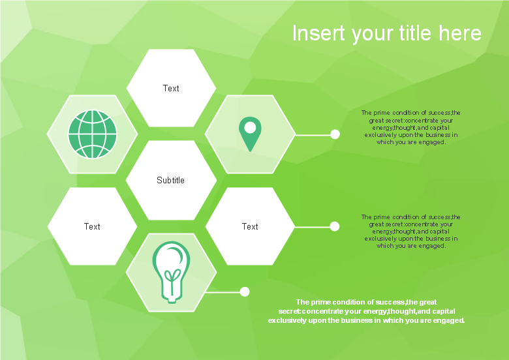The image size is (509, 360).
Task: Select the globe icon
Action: (93, 134)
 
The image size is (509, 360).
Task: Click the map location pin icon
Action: (250, 134)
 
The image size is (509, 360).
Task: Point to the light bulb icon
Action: (171, 272)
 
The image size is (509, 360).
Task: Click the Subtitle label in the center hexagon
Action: (170, 180)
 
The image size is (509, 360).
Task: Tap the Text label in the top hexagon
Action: (171, 88)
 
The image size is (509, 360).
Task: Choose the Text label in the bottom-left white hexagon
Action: (92, 226)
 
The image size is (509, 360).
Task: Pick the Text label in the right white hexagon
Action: (250, 226)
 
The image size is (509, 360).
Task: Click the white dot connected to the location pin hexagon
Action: (335, 134)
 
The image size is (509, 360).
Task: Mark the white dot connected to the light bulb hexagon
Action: (245, 292)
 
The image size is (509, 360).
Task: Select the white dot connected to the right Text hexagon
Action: (335, 226)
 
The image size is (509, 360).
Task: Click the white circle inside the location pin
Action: (250, 127)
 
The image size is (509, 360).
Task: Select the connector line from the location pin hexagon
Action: (313, 134)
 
